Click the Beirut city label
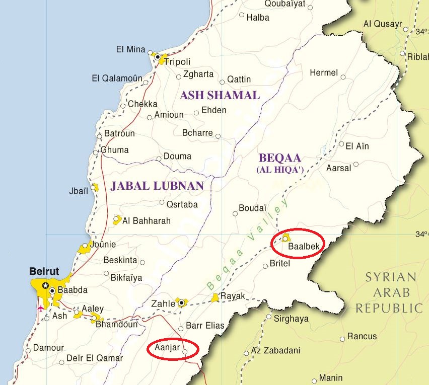click(x=44, y=271)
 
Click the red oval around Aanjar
click(x=173, y=349)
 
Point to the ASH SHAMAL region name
click(x=220, y=95)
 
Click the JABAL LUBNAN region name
click(x=157, y=186)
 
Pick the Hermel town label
click(x=324, y=73)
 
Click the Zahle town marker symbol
click(x=181, y=303)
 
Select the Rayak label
click(x=233, y=296)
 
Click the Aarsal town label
click(x=339, y=168)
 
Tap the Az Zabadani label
click(x=275, y=351)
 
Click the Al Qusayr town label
click(x=383, y=24)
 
